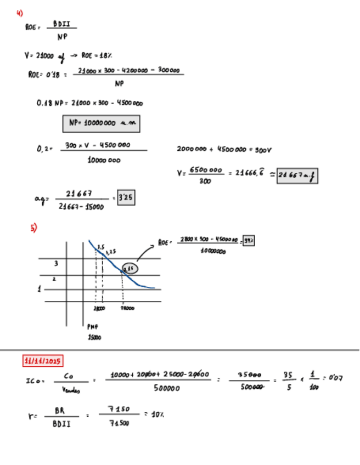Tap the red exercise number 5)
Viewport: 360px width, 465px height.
33,228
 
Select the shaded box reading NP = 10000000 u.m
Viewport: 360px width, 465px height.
101,124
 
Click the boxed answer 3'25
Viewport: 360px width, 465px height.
126,199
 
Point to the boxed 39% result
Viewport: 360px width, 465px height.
249,241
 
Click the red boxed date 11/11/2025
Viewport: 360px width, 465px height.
43,361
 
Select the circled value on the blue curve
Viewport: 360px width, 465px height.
130,269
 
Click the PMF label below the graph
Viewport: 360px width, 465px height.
93,327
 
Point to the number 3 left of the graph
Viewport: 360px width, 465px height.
55,264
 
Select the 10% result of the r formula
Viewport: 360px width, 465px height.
157,415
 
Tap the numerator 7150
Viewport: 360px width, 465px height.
119,409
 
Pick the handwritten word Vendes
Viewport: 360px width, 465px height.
71,390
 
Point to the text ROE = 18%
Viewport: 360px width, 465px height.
97,55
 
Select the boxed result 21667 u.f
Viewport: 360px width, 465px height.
298,176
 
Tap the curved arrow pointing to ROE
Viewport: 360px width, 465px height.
145,252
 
